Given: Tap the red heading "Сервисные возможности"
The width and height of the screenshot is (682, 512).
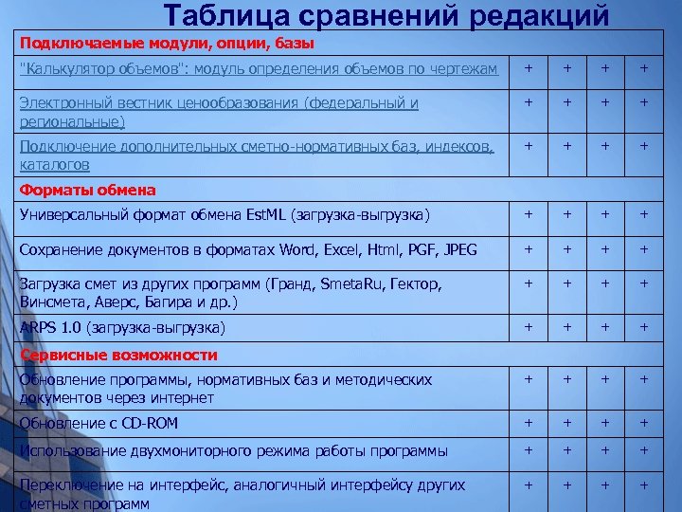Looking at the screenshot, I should [118, 355].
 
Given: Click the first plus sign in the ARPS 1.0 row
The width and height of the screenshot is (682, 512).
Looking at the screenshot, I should [529, 327].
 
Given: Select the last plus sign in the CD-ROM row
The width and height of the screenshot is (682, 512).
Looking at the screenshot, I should [643, 423].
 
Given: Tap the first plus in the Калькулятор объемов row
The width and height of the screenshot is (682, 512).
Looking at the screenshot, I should [529, 68].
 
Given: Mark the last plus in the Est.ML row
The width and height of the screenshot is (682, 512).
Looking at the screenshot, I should [643, 215].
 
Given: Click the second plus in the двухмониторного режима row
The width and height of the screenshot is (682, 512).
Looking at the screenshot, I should [567, 450].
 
